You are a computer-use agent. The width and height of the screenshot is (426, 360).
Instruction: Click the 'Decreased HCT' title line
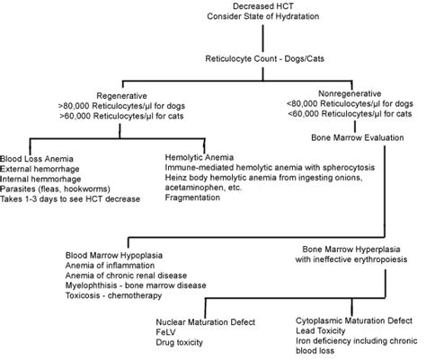212,7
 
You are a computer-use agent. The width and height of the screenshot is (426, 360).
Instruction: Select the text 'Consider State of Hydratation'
212,19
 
